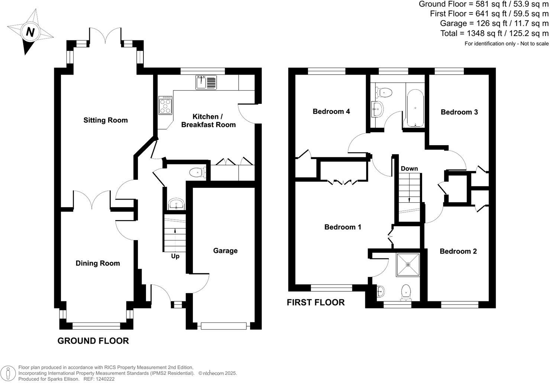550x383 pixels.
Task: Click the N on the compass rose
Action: point(30,32)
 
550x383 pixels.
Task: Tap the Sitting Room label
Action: point(106,120)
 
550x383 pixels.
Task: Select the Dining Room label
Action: point(98,263)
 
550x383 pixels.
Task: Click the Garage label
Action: point(225,251)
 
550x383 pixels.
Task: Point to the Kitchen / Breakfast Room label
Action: point(208,121)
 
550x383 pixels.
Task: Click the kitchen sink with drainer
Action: point(206,82)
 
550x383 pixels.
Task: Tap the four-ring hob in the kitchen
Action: point(165,105)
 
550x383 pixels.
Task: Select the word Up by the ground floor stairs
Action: point(175,256)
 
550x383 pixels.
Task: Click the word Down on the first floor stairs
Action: point(409,168)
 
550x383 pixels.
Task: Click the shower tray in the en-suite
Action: point(408,265)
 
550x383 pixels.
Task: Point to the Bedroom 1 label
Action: point(343,227)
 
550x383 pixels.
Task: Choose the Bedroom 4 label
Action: point(331,111)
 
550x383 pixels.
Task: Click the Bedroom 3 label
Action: point(459,112)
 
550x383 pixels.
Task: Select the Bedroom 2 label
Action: point(458,251)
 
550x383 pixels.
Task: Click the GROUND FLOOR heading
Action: point(93,341)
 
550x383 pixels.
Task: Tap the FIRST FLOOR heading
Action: point(316,302)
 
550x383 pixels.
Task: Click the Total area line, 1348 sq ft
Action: point(494,33)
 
